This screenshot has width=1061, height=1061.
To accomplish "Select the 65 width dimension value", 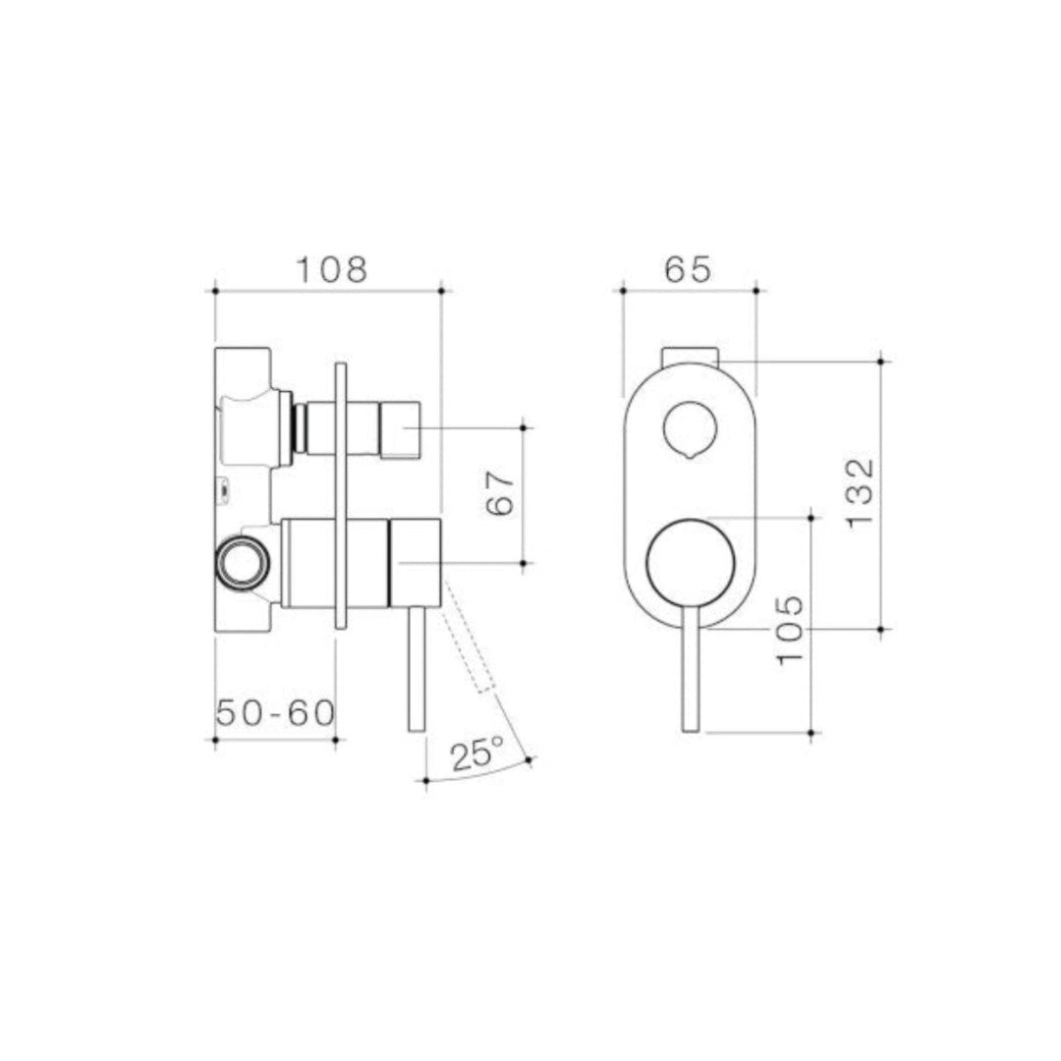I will click(688, 268).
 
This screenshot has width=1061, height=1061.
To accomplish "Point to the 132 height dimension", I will click(859, 492).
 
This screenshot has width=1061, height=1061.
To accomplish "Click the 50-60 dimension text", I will click(275, 713).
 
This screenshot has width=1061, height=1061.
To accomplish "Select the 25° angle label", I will click(476, 754).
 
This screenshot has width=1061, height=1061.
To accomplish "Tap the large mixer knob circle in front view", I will click(691, 562).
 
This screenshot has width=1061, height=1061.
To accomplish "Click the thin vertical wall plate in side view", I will click(341, 496).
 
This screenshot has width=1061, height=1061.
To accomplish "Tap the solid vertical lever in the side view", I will click(416, 668).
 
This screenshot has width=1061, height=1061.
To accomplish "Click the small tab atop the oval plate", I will click(692, 355).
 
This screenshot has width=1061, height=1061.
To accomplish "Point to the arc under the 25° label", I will click(476, 775).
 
